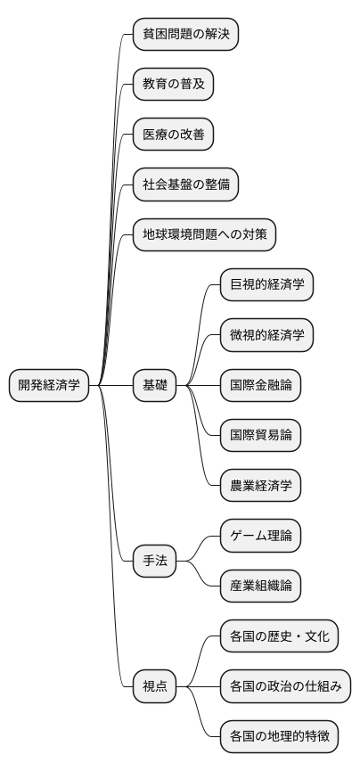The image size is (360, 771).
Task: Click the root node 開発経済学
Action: (49, 385)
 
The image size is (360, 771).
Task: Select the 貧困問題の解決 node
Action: (185, 35)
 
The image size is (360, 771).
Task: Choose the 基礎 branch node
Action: (154, 385)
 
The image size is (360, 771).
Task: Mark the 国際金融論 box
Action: (261, 385)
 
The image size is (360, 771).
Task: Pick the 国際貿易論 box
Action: (261, 435)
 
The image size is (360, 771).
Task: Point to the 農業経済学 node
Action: (261, 486)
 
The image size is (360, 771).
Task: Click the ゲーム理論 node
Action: (261, 536)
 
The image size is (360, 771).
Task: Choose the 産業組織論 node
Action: (261, 586)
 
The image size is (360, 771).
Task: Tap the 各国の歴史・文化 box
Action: (280, 636)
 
